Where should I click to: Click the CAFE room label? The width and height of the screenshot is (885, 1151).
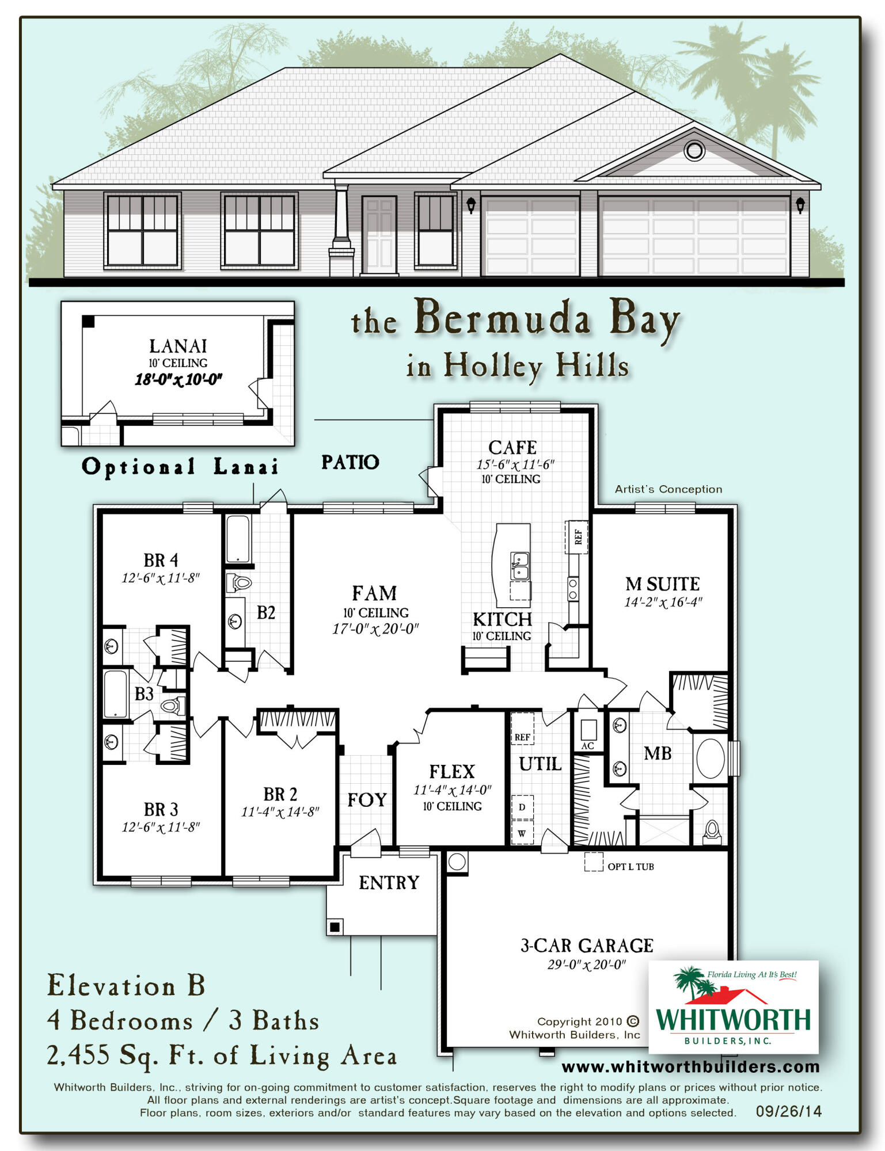pos(512,447)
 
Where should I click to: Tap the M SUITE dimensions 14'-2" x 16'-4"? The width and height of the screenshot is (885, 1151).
pos(663,603)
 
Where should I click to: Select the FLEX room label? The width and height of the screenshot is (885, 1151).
pos(452,771)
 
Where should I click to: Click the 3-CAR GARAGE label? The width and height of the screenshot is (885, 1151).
pos(586,946)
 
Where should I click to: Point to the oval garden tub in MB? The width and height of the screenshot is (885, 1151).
pos(711,759)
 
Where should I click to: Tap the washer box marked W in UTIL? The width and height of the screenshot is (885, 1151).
pos(522,833)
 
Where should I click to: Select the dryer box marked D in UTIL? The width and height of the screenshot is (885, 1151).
pos(522,807)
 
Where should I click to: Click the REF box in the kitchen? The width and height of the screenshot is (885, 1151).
pos(578,536)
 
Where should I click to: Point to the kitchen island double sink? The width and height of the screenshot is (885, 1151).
pos(519,565)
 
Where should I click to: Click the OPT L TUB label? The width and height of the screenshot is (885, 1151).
pos(630,867)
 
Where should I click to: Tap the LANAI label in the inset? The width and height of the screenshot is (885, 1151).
pos(178,346)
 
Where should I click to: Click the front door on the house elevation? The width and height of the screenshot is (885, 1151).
pos(379,235)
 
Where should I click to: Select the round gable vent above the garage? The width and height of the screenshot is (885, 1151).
pos(694,151)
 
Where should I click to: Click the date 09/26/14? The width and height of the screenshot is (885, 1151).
pos(788,1111)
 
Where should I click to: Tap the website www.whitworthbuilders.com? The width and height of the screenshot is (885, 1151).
pos(690,1066)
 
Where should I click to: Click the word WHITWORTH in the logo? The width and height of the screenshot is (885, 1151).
pos(732,1019)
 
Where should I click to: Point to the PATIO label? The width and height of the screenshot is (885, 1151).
pos(350,462)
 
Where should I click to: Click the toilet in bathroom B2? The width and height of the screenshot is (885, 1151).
pos(239,583)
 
